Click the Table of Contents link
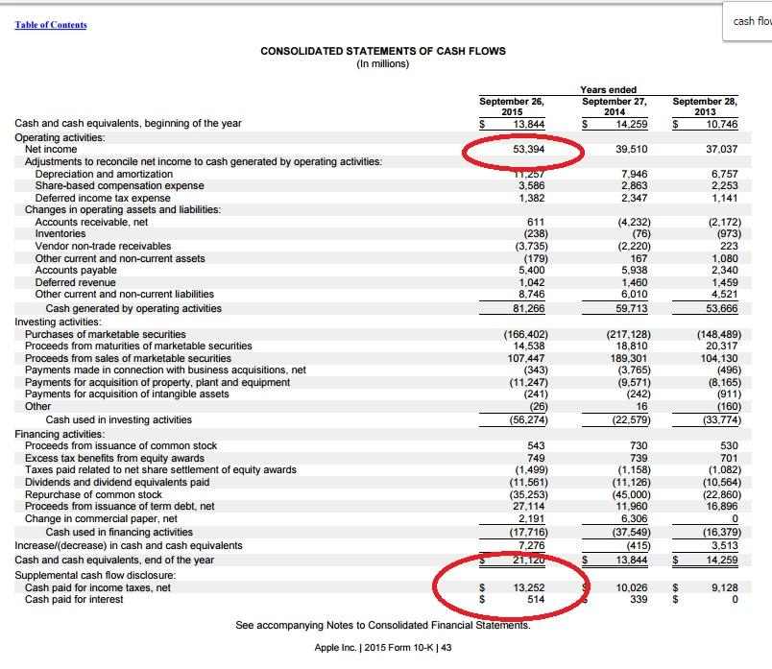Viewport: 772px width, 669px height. coord(51,25)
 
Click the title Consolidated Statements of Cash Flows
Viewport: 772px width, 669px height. coord(383,51)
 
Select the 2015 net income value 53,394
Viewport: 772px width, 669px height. coord(529,150)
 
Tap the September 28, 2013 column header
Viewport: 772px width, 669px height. coord(705,106)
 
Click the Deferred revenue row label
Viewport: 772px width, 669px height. coord(75,282)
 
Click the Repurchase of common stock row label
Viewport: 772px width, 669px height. coord(93,494)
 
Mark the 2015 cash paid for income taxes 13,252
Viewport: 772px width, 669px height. coord(529,587)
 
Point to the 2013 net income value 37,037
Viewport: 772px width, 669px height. coord(721,150)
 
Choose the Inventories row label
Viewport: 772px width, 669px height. coord(60,233)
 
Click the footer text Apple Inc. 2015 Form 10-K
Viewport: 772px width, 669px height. coord(383,648)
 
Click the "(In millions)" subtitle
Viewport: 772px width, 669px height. coord(382,64)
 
